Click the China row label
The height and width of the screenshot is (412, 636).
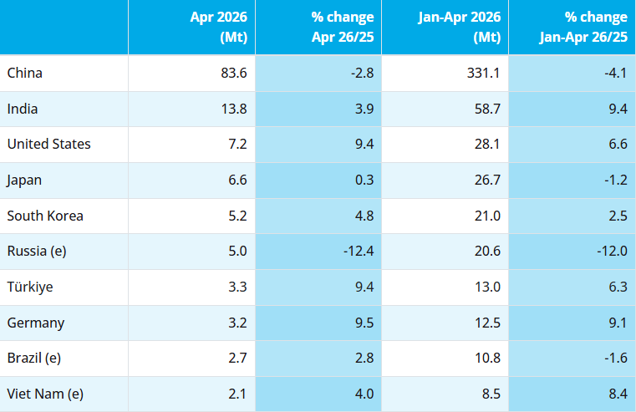point(25,73)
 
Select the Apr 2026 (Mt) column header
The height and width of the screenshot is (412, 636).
point(219,27)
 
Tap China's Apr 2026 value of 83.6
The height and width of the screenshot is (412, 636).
point(234,73)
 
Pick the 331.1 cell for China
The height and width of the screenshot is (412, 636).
point(483,73)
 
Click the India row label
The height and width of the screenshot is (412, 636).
point(23,109)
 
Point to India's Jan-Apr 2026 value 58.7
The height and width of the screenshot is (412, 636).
point(487,109)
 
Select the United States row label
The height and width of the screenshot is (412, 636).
point(48,144)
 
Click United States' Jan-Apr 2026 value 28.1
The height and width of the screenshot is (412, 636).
point(487,144)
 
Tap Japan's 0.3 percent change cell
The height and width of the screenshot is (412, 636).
point(364,180)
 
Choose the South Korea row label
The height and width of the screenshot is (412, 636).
point(45,216)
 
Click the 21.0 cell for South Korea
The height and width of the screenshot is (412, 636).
point(487,216)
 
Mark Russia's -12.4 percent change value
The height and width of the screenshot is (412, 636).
point(359,251)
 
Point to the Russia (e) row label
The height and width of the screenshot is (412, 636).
point(37,251)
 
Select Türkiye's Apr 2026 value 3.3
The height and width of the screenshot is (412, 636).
point(237,287)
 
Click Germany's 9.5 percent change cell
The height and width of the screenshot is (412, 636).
point(364,323)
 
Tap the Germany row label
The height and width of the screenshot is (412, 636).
point(36,323)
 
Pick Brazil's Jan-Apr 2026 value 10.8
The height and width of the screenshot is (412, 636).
point(487,358)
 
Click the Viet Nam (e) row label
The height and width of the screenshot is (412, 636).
point(45,394)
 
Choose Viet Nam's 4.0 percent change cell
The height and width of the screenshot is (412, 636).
point(364,394)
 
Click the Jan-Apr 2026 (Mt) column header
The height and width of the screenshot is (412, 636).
point(460,27)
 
